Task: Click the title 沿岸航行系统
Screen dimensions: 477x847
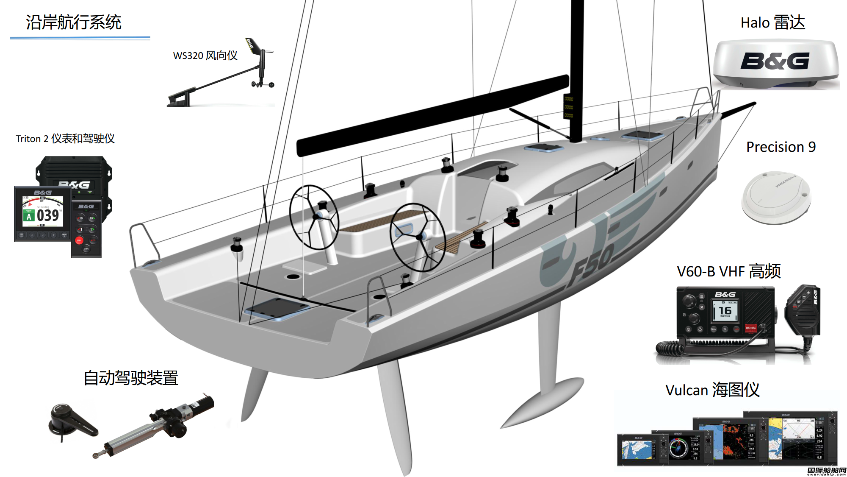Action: pyautogui.click(x=74, y=22)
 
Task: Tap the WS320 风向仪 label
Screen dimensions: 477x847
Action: pyautogui.click(x=205, y=56)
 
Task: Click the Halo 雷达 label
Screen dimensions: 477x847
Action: pyautogui.click(x=772, y=22)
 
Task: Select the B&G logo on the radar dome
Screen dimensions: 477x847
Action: pyautogui.click(x=775, y=61)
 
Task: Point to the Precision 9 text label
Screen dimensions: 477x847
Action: pyautogui.click(x=781, y=147)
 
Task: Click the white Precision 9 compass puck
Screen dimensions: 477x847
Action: pyautogui.click(x=776, y=198)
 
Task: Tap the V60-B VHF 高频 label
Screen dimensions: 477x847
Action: pyautogui.click(x=728, y=271)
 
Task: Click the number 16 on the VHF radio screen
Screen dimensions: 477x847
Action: pyautogui.click(x=725, y=310)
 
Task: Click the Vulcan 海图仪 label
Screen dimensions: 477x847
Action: pyautogui.click(x=712, y=390)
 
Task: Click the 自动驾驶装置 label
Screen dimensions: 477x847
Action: pyautogui.click(x=131, y=378)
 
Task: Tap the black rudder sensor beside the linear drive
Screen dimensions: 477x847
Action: pyautogui.click(x=72, y=421)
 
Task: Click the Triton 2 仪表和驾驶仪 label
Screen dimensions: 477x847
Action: pyautogui.click(x=65, y=139)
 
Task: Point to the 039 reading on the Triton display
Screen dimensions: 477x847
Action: pyautogui.click(x=48, y=215)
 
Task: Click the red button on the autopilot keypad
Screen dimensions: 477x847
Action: pyautogui.click(x=79, y=240)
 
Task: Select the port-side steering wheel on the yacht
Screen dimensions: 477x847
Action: pyautogui.click(x=314, y=217)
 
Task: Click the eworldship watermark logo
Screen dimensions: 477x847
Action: pyautogui.click(x=826, y=471)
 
